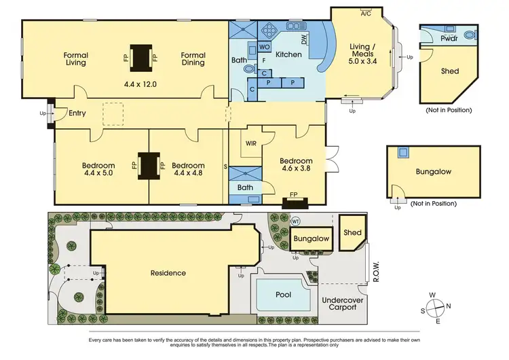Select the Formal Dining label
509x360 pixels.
coord(193,59)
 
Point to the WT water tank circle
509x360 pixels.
coord(295,221)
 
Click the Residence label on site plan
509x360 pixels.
coord(168,272)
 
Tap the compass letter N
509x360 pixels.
coord(449,305)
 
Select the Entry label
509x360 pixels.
coord(77,113)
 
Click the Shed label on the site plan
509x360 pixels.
coord(352,232)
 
